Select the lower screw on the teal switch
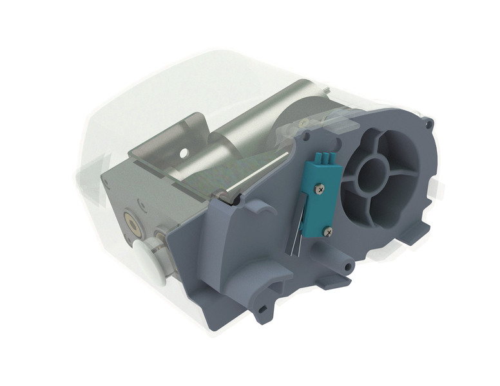327,230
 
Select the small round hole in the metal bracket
184,153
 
